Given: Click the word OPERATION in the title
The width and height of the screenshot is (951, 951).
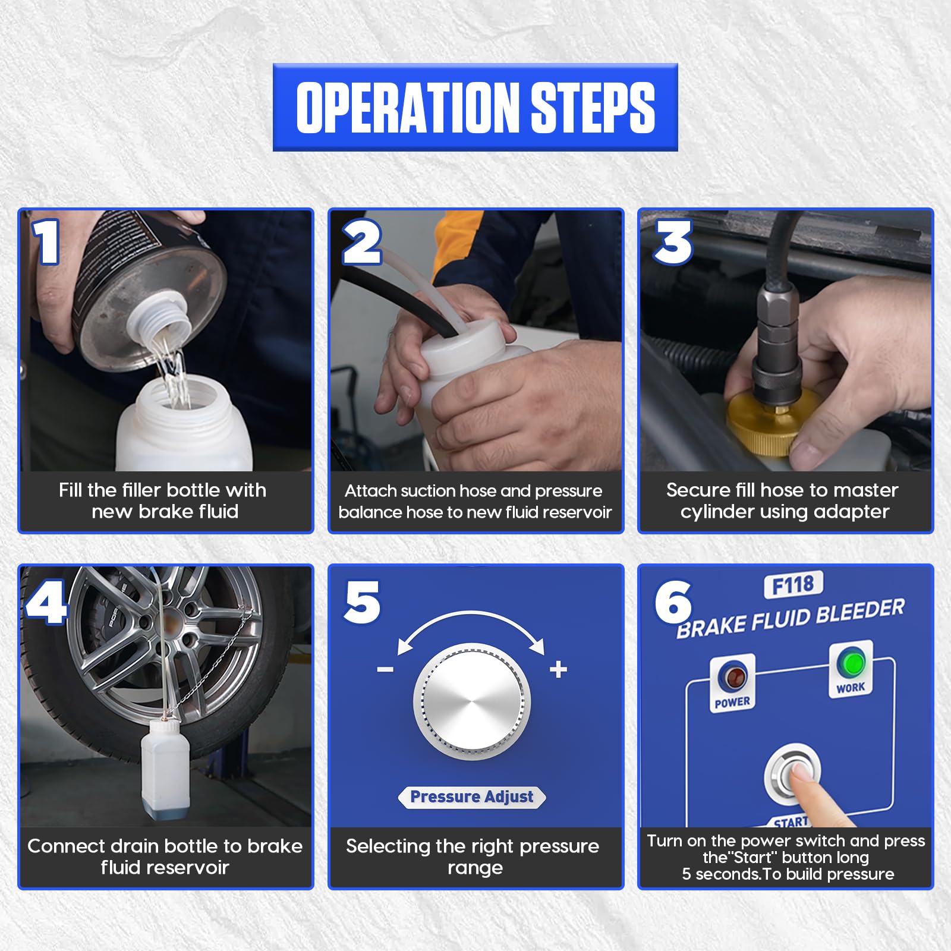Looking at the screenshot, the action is [x=407, y=107].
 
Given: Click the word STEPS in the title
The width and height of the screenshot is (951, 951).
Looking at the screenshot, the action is [x=593, y=107].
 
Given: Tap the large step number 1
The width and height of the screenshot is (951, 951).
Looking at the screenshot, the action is [x=47, y=241].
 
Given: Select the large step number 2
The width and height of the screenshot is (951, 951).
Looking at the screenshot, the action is [x=362, y=242].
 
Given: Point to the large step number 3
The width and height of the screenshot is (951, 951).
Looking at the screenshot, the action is [x=673, y=242].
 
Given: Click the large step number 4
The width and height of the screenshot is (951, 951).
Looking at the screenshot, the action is [x=46, y=602].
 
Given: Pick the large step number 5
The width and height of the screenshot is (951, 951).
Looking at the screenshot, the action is [x=362, y=602].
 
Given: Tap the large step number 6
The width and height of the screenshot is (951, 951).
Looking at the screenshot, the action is [x=673, y=602].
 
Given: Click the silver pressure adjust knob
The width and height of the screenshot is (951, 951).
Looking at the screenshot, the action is [x=473, y=702].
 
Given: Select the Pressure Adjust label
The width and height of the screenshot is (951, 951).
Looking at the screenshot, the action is [x=472, y=796].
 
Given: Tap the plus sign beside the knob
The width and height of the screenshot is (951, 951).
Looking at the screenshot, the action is [x=558, y=669].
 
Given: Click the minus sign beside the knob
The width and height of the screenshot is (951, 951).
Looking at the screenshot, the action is [x=385, y=670].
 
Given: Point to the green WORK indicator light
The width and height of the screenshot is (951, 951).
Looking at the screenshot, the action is [x=853, y=663].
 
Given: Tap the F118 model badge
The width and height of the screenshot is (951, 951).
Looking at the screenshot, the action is [x=793, y=585].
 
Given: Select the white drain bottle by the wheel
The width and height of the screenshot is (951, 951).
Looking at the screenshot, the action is [x=165, y=770].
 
